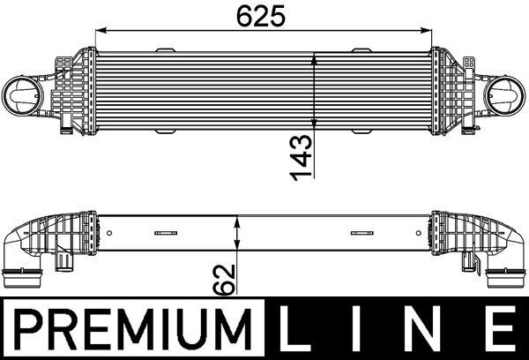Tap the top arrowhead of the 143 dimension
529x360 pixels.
pos(316,57)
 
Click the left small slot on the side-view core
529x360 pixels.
pos(165,234)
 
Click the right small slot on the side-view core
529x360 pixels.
pos(361,234)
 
